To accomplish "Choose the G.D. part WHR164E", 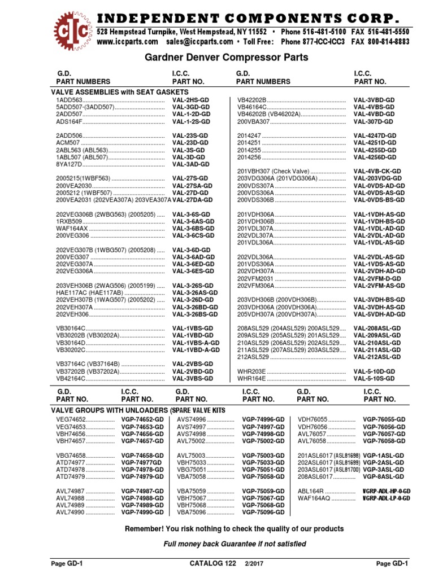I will pyautogui.click(x=251, y=378).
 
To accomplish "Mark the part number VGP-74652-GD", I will pyautogui.click(x=142, y=420).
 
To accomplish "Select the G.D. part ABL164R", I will pyautogui.click(x=311, y=491).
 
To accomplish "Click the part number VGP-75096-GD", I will pyautogui.click(x=263, y=513).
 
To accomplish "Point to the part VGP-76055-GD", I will pyautogui.click(x=384, y=420).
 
